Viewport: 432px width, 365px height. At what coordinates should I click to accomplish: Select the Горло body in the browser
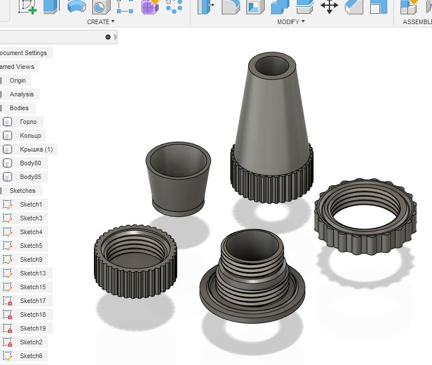[28, 122]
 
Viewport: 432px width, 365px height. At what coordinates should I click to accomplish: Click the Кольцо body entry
[30, 135]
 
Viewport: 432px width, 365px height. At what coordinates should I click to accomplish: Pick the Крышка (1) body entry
[36, 149]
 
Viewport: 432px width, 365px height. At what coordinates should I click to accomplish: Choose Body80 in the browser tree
[30, 163]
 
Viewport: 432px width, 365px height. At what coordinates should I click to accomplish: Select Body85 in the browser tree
[30, 177]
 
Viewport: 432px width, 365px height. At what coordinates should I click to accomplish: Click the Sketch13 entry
[33, 273]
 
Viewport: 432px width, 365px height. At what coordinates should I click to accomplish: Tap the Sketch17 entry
[33, 301]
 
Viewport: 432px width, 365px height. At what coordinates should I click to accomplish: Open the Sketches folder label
[22, 191]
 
